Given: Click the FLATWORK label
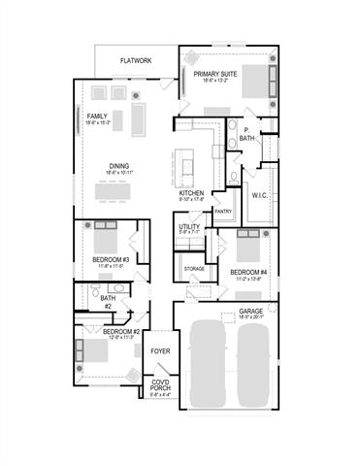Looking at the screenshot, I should click(136, 60).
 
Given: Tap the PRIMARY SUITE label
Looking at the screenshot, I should click(214, 74).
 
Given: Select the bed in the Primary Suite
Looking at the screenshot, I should click(254, 81).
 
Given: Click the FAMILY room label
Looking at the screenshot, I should click(97, 116).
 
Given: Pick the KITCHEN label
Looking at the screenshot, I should click(191, 193).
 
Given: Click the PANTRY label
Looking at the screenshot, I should click(222, 211).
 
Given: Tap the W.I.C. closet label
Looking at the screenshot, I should click(259, 194).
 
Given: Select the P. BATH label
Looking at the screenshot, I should click(247, 134).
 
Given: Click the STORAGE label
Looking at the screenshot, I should click(194, 267).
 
